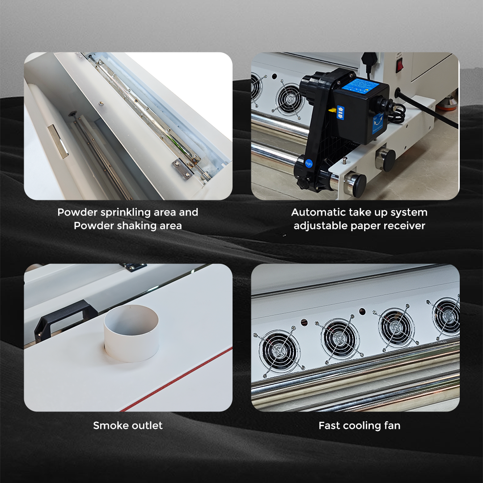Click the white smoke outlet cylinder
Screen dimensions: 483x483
coord(131,333)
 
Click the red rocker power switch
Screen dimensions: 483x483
coord(400,65)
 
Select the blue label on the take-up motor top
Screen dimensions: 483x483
coord(360,85)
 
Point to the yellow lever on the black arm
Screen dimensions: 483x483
coord(332,110)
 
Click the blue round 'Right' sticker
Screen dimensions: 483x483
coord(309,163)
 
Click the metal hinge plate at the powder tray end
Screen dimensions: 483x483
coord(183,169)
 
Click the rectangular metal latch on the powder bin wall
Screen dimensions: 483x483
coord(58,141)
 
